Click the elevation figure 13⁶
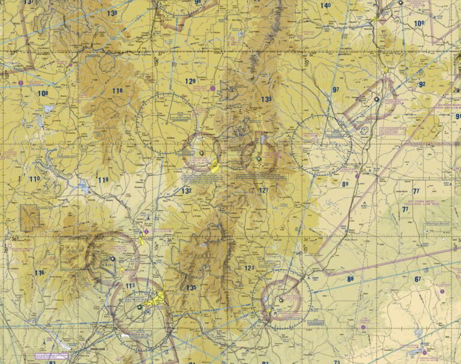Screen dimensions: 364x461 point(112,13)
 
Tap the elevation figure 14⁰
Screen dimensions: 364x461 point(325,6)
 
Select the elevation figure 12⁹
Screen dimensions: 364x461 point(190,82)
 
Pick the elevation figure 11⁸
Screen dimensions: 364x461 point(118,91)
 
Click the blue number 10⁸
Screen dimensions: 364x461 point(43,94)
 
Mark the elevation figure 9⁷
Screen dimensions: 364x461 point(335,90)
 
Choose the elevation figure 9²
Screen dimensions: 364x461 point(422,85)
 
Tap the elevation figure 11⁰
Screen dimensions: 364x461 point(34,179)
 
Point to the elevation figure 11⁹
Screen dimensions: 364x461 point(104,180)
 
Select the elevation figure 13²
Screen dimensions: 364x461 point(187,191)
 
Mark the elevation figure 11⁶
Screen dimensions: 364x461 point(39,273)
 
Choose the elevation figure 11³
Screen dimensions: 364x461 point(130,286)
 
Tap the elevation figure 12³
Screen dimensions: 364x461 point(249,268)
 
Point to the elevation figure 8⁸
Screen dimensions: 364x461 point(350,278)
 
